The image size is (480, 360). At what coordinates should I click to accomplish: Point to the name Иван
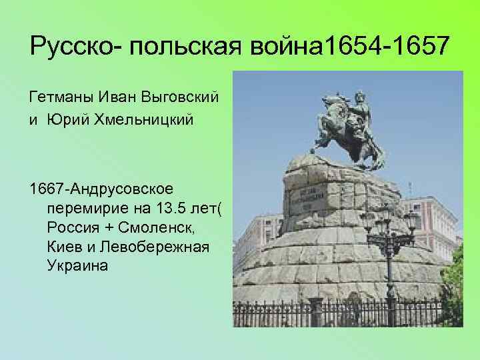[118, 98]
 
